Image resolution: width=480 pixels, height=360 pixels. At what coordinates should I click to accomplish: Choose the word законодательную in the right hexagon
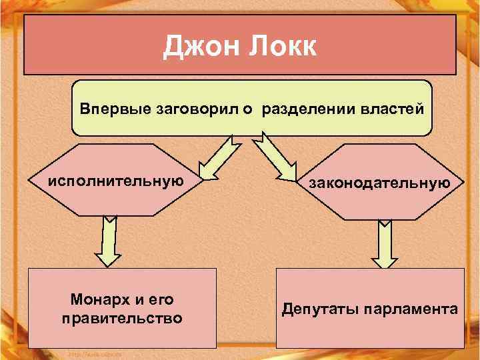pos(379,183)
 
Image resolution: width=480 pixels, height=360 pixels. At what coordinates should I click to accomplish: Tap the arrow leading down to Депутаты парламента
pos(384,244)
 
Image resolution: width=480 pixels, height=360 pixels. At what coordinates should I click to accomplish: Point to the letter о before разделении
pos(246,108)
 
